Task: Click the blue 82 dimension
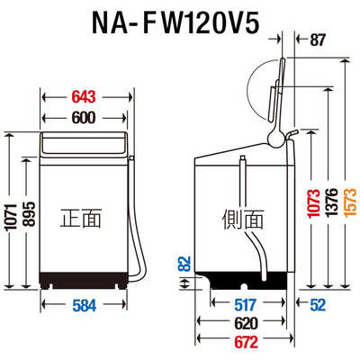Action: (185, 263)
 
